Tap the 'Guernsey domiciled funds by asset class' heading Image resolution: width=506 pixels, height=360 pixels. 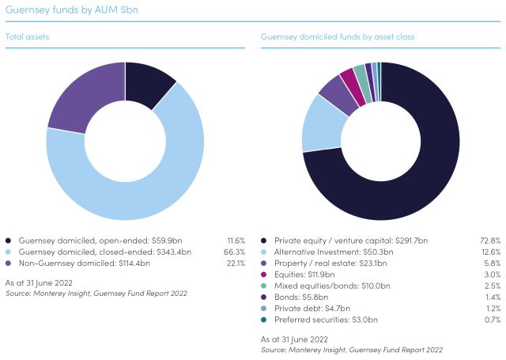(338, 36)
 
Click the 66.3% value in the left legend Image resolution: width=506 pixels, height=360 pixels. (235, 251)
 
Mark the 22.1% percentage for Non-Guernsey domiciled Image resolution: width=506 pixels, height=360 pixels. (235, 262)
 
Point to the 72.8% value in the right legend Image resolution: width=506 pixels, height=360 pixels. (490, 240)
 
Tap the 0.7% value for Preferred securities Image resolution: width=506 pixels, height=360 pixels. (492, 319)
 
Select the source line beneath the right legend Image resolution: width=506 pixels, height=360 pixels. (351, 349)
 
